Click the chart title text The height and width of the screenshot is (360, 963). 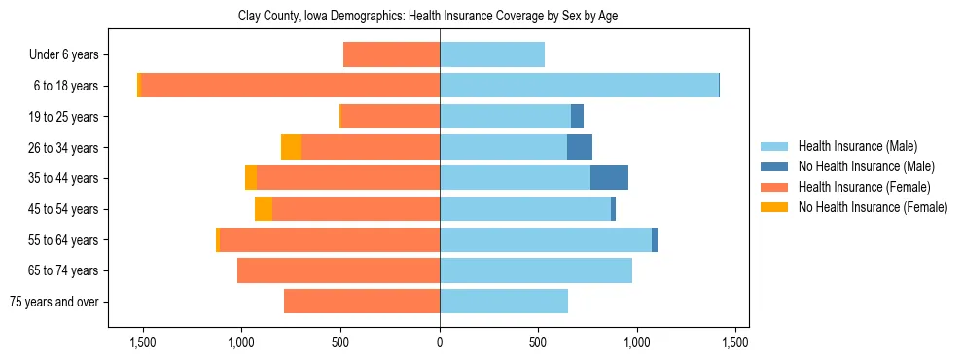pos(428,17)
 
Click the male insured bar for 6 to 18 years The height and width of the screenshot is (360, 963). pos(579,86)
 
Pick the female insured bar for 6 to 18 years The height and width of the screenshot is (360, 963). pos(290,86)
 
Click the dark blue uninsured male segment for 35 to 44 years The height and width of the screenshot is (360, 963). pos(609,178)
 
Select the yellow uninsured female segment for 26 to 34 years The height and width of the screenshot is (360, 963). pos(291,147)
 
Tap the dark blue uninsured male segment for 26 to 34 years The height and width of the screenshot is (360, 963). pos(580,147)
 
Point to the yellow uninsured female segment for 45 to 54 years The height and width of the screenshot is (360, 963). pos(264,209)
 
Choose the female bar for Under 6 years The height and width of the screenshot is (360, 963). pos(392,55)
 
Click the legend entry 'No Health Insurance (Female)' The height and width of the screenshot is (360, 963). pos(873,207)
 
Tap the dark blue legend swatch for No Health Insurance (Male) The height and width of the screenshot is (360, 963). pos(774,166)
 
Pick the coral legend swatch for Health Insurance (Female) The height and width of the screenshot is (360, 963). pos(774,187)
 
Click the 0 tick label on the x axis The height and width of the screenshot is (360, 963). pos(440,342)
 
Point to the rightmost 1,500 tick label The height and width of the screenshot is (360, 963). pos(735,342)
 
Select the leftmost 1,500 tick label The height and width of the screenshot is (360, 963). pos(143,342)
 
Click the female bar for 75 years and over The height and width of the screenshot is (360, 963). pos(362,302)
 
